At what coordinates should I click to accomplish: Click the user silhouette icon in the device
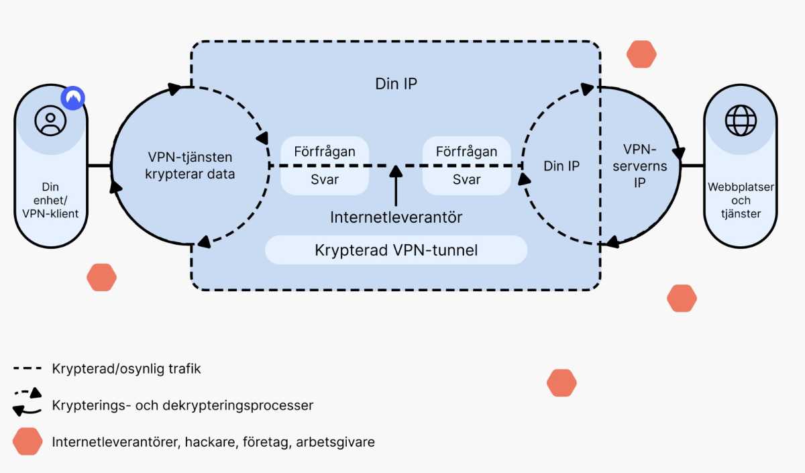[51, 121]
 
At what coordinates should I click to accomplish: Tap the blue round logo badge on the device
[74, 98]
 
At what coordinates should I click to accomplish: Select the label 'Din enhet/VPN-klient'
[51, 200]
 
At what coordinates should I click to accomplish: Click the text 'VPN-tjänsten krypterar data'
[190, 166]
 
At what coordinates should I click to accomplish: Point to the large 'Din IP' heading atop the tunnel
[396, 85]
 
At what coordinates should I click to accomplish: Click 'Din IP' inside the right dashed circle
[562, 166]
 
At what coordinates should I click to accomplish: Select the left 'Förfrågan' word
[325, 151]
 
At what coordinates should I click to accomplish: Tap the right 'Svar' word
[466, 180]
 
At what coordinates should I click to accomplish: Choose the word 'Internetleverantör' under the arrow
[396, 217]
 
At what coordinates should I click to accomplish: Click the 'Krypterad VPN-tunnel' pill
[396, 250]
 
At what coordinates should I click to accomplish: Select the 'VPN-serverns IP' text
[639, 166]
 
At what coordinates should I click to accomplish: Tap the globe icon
[740, 121]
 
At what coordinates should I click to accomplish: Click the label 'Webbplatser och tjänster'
[740, 200]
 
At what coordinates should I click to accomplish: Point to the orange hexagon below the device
[102, 277]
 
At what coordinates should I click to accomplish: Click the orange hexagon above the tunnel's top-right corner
[641, 54]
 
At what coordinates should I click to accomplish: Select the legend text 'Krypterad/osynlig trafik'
[126, 369]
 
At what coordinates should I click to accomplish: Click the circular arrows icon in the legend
[27, 401]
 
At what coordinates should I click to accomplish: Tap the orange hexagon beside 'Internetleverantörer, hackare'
[28, 441]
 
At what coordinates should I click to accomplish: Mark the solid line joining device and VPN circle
[99, 166]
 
